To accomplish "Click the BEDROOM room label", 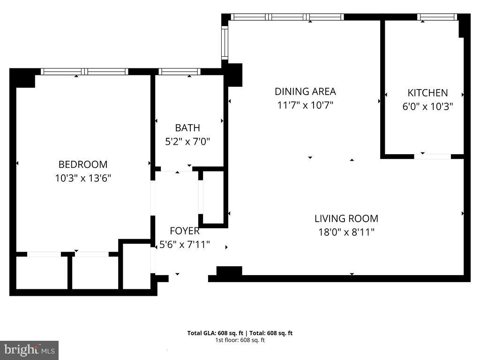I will pyautogui.click(x=82, y=165).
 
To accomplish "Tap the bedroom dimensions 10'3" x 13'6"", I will pyautogui.click(x=82, y=178).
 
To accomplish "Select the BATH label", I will pyautogui.click(x=187, y=127).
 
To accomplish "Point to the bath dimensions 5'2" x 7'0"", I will pyautogui.click(x=187, y=141).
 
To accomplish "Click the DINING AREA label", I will pyautogui.click(x=305, y=91).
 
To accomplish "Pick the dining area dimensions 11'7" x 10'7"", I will pyautogui.click(x=305, y=105).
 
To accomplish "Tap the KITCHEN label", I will pyautogui.click(x=427, y=93).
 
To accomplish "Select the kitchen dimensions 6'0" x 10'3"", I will pyautogui.click(x=427, y=106).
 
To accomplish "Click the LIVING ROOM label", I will pyautogui.click(x=346, y=218).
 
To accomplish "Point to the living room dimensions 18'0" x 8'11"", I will pyautogui.click(x=346, y=232).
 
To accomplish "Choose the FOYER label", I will pyautogui.click(x=184, y=231).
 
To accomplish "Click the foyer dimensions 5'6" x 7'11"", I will pyautogui.click(x=184, y=244).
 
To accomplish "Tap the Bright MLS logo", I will pyautogui.click(x=29, y=350).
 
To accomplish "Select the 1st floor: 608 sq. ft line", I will pyautogui.click(x=240, y=340).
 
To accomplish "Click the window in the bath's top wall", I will pyautogui.click(x=180, y=72).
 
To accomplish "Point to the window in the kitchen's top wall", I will pyautogui.click(x=437, y=17).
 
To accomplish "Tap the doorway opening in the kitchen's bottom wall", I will pyautogui.click(x=432, y=156).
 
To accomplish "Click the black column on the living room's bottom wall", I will pyautogui.click(x=229, y=271).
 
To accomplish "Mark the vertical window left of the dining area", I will pyautogui.click(x=225, y=42).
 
